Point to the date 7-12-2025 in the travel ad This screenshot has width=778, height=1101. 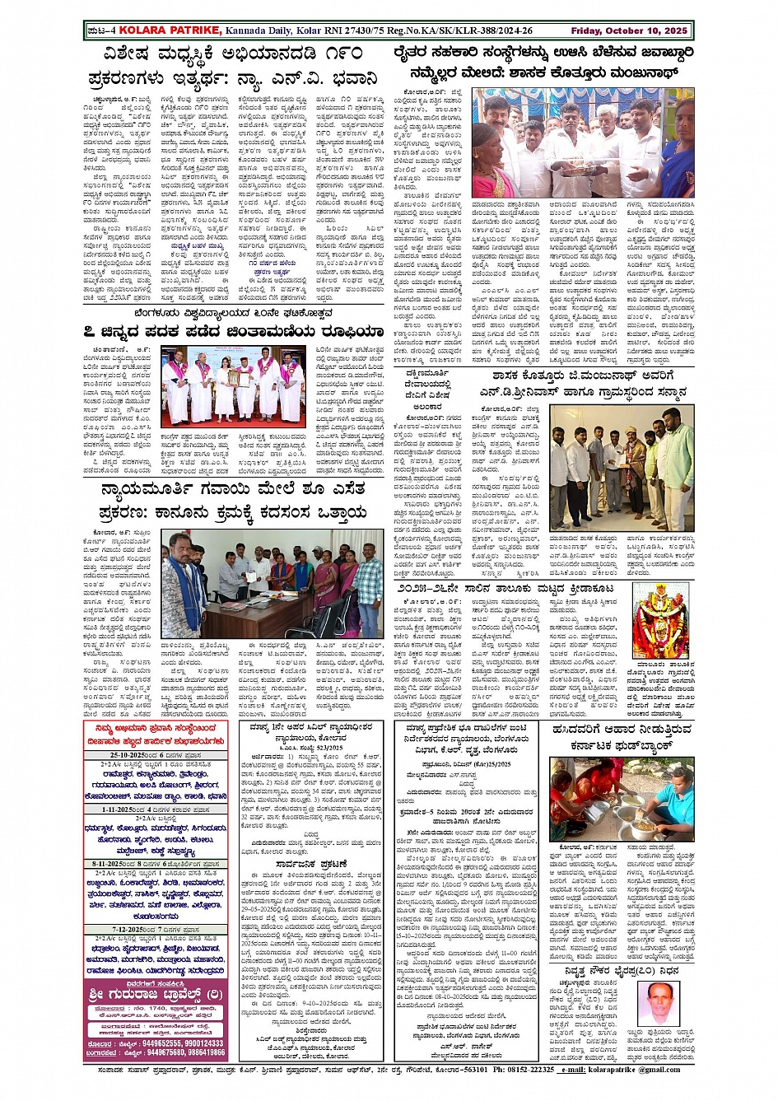tap(125, 929)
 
